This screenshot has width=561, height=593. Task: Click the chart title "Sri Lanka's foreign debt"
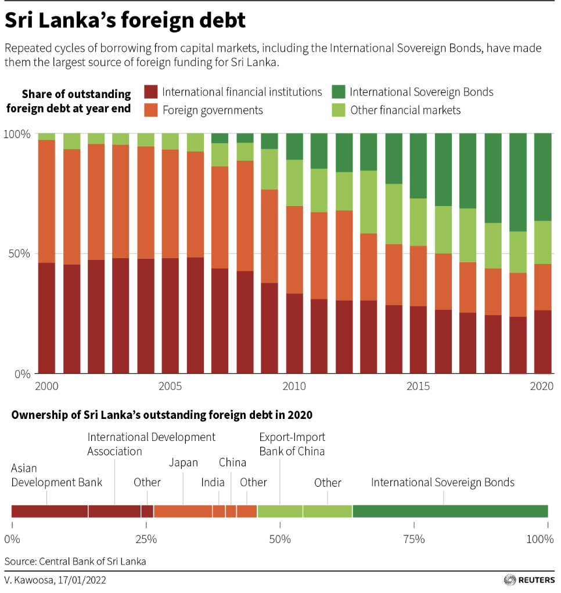click(x=125, y=21)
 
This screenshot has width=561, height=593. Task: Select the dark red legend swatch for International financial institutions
click(x=151, y=92)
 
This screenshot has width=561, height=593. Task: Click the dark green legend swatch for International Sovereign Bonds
click(x=339, y=92)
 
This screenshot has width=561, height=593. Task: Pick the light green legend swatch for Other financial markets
click(x=339, y=110)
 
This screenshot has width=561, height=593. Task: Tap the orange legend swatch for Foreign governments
click(x=151, y=110)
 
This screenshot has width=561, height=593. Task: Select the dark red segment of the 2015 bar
click(x=419, y=339)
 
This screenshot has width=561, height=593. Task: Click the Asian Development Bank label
click(x=56, y=475)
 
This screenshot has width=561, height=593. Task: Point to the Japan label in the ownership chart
click(x=184, y=463)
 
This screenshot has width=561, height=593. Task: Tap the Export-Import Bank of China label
click(x=292, y=444)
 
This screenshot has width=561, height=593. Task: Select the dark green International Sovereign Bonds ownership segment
click(x=450, y=511)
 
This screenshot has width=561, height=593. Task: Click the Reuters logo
click(x=530, y=580)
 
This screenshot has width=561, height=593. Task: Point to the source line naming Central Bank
click(x=75, y=562)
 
